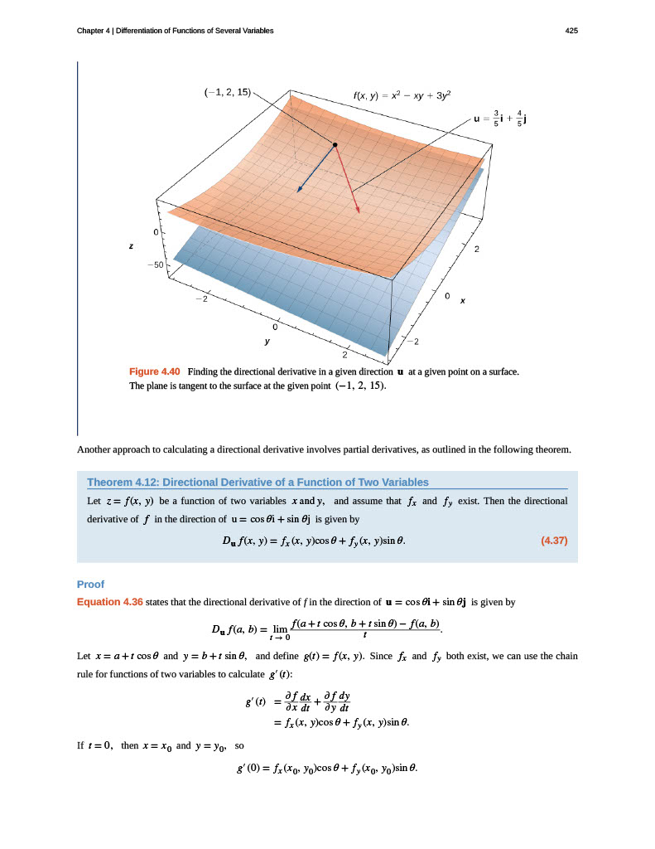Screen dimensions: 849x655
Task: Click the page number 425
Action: [x=571, y=31]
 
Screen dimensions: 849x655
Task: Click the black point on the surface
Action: [x=335, y=145]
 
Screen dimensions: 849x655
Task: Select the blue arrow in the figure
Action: [x=315, y=169]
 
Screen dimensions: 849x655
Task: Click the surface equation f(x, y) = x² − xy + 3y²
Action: [x=402, y=95]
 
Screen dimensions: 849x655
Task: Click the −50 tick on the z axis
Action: [x=155, y=264]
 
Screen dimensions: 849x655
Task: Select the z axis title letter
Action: [x=129, y=246]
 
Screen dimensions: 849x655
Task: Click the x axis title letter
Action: [x=463, y=301]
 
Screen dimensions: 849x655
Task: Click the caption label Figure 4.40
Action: [x=155, y=371]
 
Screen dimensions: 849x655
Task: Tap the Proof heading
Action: [x=89, y=584]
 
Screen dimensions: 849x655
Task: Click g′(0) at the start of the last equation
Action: [x=250, y=766]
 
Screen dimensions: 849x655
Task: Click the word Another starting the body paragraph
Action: [x=94, y=450]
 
